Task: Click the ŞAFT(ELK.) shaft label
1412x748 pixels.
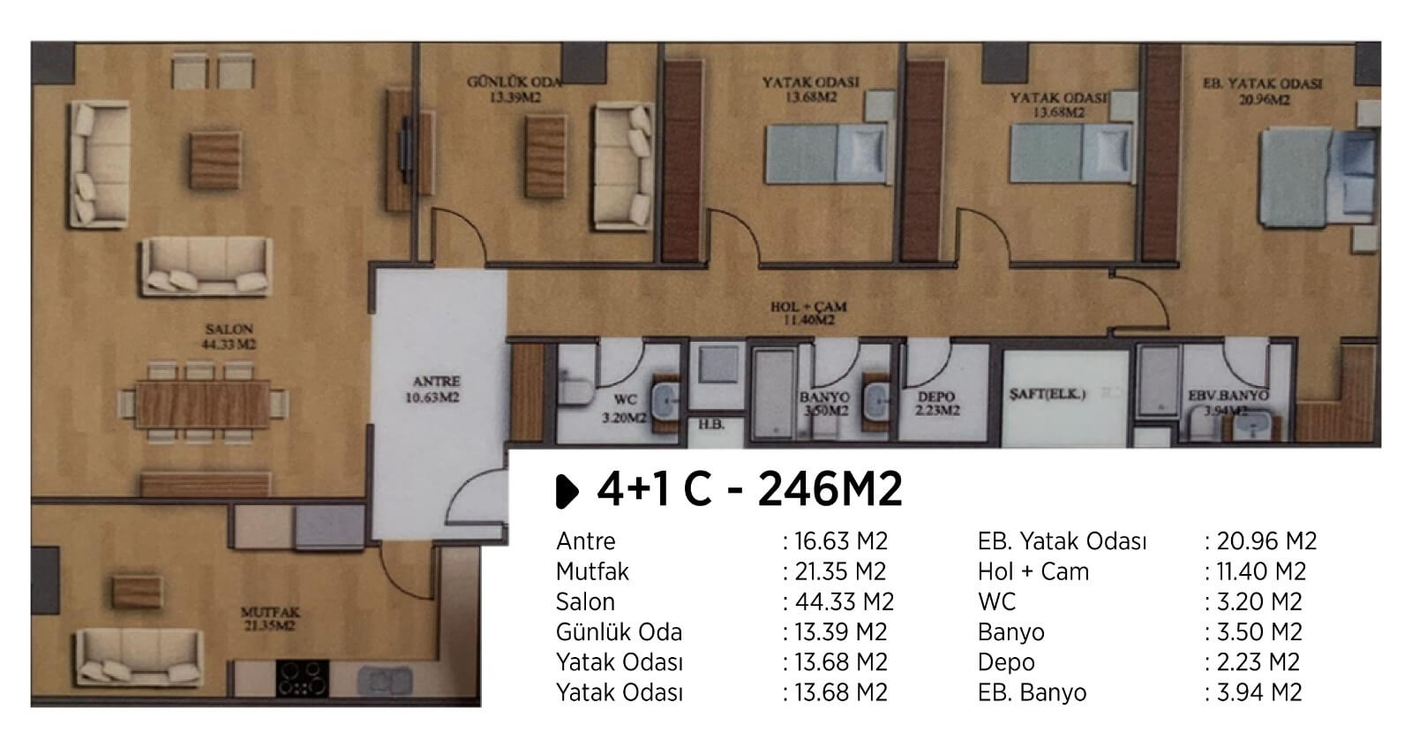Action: [1047, 394]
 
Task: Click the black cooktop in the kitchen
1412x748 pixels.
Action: [303, 678]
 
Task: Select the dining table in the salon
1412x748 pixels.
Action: [202, 404]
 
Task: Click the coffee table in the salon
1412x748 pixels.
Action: [215, 160]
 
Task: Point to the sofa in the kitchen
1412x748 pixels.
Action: [139, 657]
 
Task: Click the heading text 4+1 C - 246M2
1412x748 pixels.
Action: [749, 489]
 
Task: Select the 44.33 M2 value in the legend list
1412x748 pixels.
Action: [844, 601]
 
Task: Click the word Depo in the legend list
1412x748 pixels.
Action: [1006, 662]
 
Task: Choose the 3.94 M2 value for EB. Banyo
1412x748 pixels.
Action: [1258, 692]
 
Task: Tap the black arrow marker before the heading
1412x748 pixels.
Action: [567, 491]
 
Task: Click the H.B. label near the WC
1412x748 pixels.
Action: [711, 425]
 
